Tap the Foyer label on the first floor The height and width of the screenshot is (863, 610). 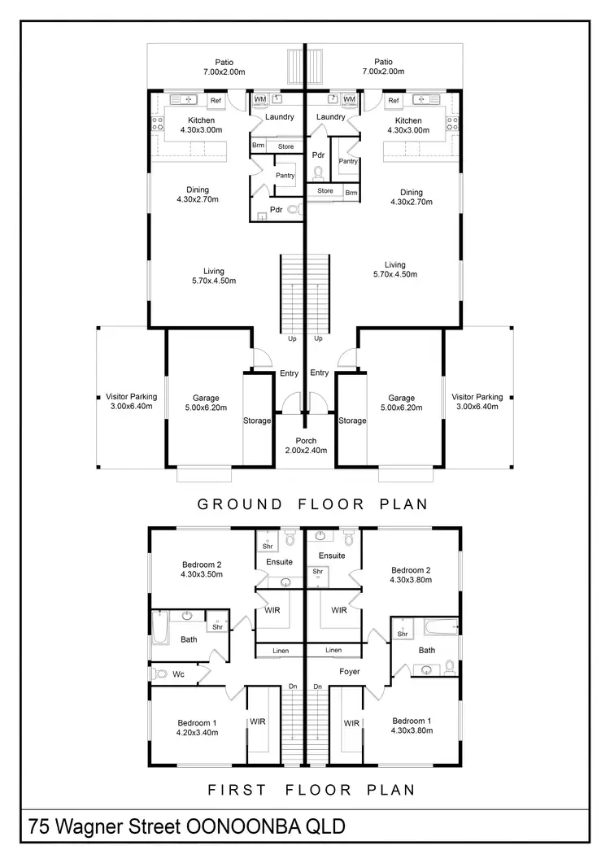click(x=349, y=671)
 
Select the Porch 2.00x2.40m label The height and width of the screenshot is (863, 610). click(x=305, y=446)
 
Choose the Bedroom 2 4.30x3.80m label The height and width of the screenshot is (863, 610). click(x=411, y=575)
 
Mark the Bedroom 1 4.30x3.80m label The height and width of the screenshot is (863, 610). click(x=411, y=726)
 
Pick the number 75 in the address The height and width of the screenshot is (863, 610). click(x=39, y=827)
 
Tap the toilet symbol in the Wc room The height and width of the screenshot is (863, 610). click(x=159, y=673)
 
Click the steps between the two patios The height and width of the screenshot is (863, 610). click(x=294, y=64)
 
